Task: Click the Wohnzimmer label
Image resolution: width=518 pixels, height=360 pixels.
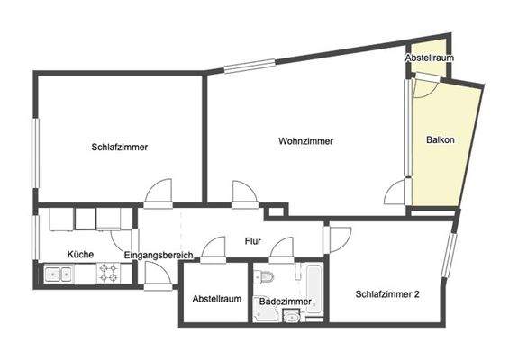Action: point(305,141)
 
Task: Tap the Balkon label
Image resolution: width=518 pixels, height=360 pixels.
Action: point(440,139)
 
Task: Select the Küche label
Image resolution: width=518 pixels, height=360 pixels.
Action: point(80,255)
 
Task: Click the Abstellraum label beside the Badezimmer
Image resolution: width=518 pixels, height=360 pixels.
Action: point(217,299)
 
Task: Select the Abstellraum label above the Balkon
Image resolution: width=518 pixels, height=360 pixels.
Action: point(429,58)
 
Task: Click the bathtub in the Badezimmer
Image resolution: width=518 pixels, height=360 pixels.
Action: point(314,290)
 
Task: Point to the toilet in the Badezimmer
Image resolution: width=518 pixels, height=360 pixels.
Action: point(266,276)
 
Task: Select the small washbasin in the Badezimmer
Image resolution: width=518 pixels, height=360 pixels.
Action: point(291,315)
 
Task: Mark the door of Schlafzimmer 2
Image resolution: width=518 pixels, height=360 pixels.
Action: point(338,238)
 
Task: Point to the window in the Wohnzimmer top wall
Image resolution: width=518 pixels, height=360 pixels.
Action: point(250,65)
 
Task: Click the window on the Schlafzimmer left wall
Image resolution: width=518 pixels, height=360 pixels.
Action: point(36,154)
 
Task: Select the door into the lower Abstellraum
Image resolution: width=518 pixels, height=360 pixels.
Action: point(214,249)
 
